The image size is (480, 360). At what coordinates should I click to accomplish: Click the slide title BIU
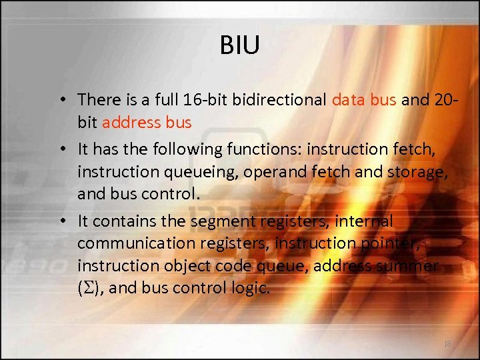click(239, 46)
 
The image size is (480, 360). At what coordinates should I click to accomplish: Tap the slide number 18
click(447, 343)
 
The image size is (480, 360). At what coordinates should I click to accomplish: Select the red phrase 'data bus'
click(364, 100)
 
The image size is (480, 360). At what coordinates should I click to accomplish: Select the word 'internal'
click(367, 221)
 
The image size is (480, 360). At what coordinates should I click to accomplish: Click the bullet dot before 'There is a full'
click(61, 101)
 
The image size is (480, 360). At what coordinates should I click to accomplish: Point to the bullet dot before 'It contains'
click(61, 221)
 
